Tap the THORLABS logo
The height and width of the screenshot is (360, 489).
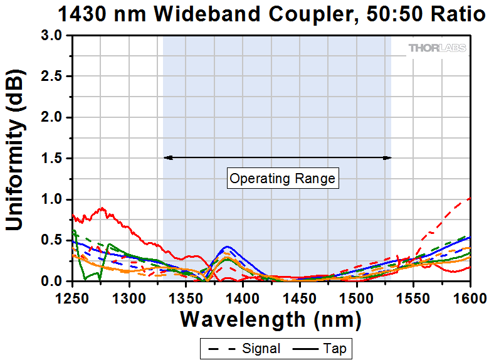[437, 48]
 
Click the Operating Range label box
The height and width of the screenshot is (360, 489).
[283, 179]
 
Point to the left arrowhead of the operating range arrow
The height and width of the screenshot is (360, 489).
[166, 157]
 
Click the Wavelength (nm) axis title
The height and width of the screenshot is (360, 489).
[271, 320]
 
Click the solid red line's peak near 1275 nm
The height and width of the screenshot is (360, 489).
[102, 208]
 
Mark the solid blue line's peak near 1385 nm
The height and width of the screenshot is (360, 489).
[228, 246]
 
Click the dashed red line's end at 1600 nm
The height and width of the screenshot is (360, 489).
[470, 198]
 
